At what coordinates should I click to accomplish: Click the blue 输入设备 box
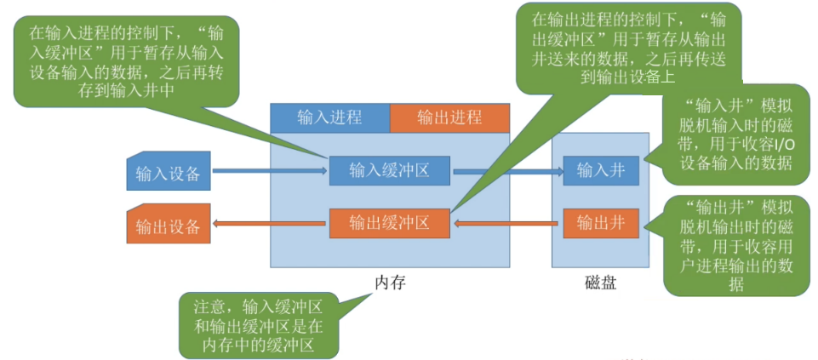click(168, 173)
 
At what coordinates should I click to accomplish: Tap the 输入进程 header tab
click(329, 117)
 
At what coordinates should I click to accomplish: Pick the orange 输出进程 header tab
click(449, 117)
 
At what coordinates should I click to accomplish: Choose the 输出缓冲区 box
click(390, 224)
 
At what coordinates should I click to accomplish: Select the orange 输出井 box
click(600, 224)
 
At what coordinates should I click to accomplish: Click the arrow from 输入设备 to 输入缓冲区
click(269, 172)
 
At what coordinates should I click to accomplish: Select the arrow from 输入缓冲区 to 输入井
click(507, 172)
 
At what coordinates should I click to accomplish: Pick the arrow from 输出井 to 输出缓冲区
click(507, 225)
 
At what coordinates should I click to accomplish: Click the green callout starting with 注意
click(259, 325)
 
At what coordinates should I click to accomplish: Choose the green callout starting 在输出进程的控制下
click(626, 47)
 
